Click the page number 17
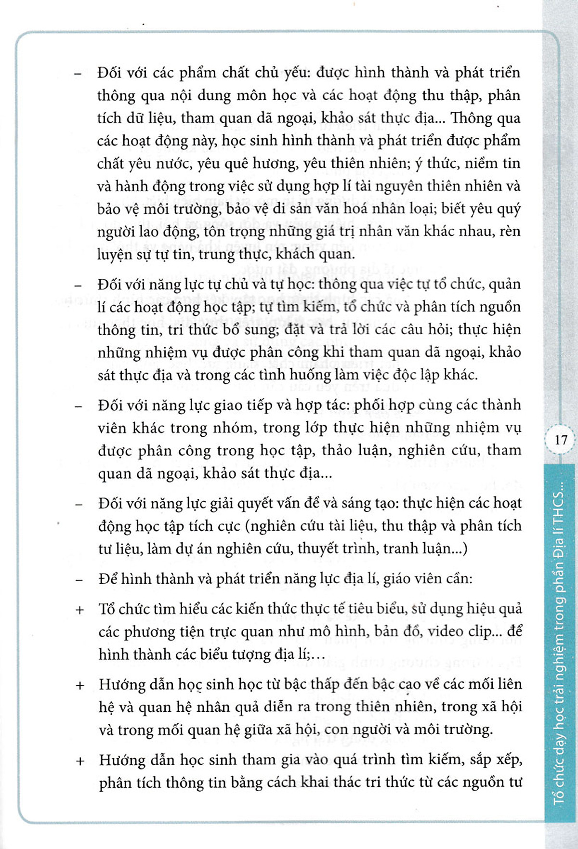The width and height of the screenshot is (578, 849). point(561,440)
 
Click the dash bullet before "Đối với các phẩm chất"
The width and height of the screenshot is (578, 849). point(78,74)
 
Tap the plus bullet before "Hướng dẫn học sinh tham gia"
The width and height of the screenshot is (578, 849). point(80,761)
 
